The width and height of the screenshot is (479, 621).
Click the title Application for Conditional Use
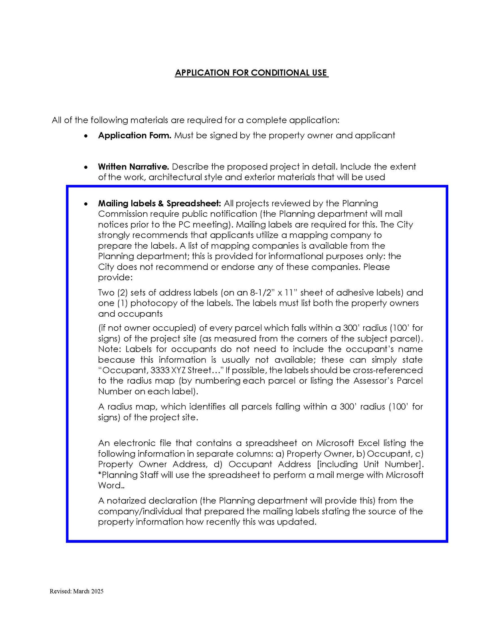pyautogui.click(x=251, y=73)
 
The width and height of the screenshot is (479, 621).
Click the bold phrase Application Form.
pyautogui.click(x=135, y=136)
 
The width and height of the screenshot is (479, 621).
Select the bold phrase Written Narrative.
pyautogui.click(x=133, y=167)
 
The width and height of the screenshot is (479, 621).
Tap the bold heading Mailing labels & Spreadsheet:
pyautogui.click(x=159, y=204)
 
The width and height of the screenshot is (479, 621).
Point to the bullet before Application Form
pyautogui.click(x=86, y=136)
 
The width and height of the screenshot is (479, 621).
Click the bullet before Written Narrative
pyautogui.click(x=86, y=168)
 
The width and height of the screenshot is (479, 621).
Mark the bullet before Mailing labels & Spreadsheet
pyautogui.click(x=86, y=204)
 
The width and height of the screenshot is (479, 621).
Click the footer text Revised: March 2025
pyautogui.click(x=76, y=591)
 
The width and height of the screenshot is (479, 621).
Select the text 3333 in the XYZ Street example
pyautogui.click(x=160, y=370)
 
